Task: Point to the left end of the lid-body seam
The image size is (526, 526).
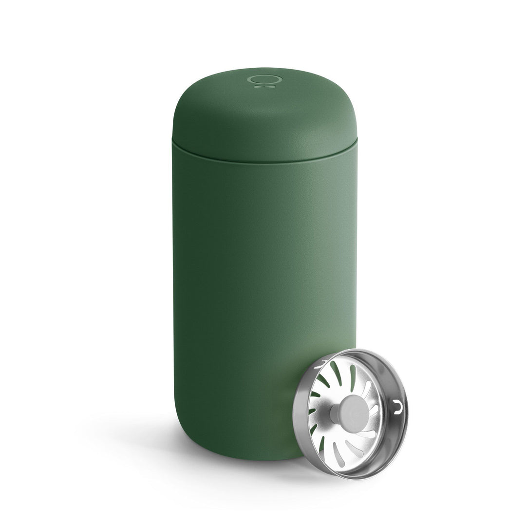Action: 173,142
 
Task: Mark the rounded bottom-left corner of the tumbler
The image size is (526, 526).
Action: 183,438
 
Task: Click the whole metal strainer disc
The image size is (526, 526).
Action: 351,414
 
